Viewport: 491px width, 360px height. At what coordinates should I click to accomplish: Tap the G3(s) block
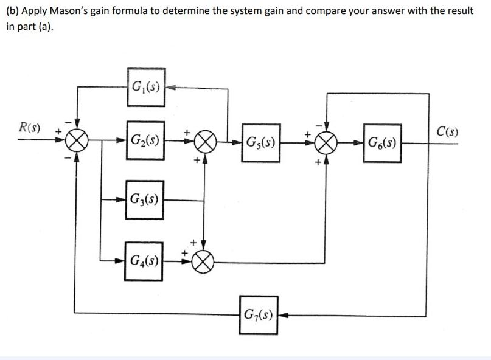[145, 198]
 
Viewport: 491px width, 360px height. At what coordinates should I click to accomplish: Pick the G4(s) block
[144, 262]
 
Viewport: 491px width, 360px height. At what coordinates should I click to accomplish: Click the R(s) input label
[30, 129]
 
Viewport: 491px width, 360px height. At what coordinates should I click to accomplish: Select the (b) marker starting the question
[12, 12]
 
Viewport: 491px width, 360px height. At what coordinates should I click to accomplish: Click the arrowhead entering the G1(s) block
[170, 86]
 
